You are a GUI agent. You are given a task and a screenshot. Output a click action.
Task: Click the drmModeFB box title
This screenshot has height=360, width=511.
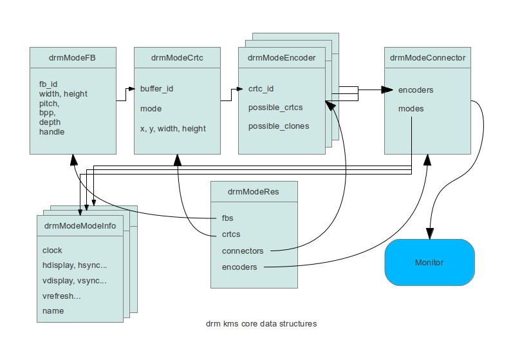(73, 58)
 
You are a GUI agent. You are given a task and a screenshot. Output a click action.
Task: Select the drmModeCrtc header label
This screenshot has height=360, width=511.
(177, 58)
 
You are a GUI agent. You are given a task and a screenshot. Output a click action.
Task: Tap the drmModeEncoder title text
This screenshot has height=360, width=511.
(282, 58)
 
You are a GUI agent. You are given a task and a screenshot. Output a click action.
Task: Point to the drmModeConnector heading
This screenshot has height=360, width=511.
(427, 58)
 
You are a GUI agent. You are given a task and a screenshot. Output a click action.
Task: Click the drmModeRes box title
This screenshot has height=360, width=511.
(254, 191)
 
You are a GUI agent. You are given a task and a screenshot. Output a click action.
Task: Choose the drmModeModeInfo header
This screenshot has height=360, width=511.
(80, 225)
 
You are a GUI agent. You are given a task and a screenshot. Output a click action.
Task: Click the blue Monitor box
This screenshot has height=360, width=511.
(429, 262)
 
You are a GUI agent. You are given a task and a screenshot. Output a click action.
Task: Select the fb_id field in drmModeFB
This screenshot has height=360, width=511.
(48, 84)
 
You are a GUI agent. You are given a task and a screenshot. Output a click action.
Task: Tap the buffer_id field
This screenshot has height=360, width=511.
(156, 90)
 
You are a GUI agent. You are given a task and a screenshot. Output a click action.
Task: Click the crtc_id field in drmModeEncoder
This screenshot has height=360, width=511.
(261, 89)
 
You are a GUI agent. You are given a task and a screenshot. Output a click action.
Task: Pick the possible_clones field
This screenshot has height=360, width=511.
(278, 126)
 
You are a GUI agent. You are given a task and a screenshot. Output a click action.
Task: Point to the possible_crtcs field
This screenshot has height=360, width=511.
(275, 107)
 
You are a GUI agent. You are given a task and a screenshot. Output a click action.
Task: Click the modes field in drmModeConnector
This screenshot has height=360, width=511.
(411, 108)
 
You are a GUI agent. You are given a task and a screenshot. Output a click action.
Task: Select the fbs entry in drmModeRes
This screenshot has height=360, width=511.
(228, 219)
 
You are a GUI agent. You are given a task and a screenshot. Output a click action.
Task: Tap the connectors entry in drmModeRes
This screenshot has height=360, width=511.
(242, 251)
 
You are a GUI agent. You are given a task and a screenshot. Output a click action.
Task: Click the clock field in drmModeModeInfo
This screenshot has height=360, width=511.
(52, 250)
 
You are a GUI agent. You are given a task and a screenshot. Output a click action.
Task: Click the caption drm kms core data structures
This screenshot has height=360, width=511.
(261, 324)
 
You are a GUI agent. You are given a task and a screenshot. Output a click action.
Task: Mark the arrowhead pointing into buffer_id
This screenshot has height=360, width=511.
(130, 90)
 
